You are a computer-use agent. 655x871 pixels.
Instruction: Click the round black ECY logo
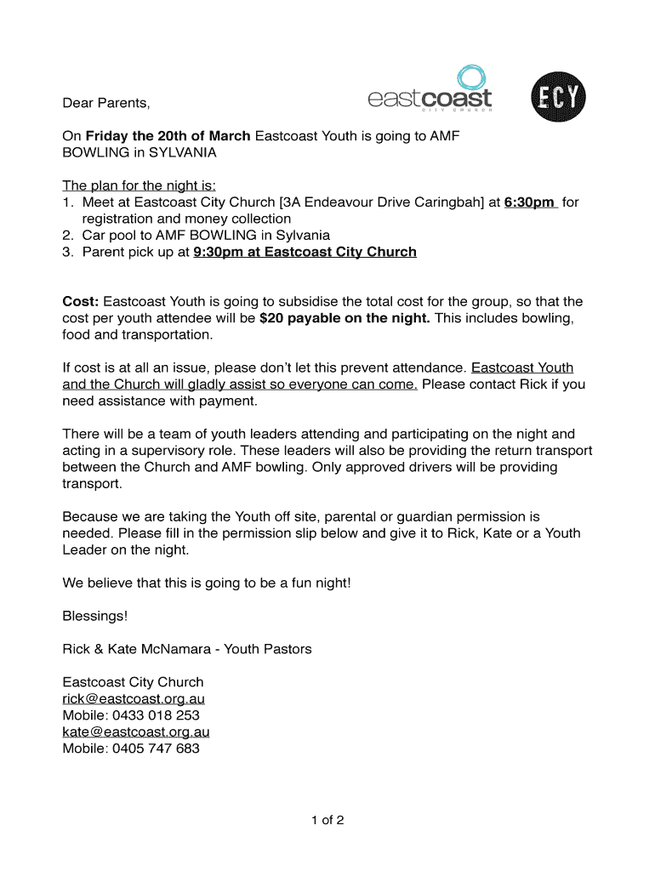click(x=558, y=99)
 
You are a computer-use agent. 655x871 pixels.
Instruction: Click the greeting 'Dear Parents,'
click(x=106, y=104)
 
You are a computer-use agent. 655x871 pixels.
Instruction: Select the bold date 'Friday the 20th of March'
click(x=168, y=136)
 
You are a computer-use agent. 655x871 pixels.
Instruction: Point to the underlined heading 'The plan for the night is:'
click(x=140, y=185)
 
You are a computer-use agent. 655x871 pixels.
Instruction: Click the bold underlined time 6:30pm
click(x=529, y=202)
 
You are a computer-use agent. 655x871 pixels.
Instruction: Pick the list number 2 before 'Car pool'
click(x=67, y=236)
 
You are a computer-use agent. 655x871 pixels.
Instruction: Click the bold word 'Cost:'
click(x=81, y=301)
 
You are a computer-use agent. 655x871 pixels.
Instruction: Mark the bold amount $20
click(x=272, y=318)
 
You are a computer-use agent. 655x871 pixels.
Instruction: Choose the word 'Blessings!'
click(x=95, y=616)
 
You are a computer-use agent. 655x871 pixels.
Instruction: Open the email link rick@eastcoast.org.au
click(x=134, y=699)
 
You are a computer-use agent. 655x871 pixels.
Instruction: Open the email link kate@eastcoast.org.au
click(x=136, y=732)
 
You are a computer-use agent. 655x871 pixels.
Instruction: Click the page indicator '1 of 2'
click(x=327, y=821)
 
